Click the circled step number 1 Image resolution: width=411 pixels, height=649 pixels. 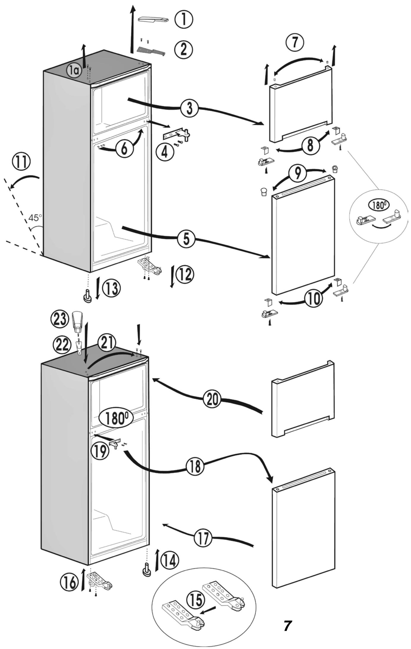[x=184, y=19]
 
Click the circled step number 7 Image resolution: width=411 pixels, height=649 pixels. [x=295, y=42]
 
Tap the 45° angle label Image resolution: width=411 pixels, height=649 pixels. [x=35, y=218]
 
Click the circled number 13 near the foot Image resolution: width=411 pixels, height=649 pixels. [x=111, y=289]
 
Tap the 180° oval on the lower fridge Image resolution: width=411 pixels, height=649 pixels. [x=116, y=418]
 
